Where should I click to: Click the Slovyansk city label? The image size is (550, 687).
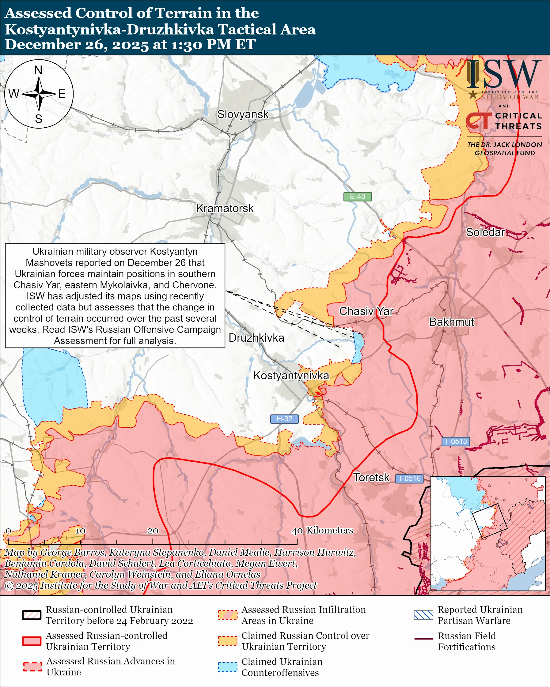[243, 114]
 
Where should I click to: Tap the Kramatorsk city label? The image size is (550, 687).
[225, 208]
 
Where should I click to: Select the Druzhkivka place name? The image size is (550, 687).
[256, 338]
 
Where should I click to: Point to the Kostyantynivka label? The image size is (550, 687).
[291, 375]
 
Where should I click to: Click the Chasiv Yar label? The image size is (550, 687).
[366, 311]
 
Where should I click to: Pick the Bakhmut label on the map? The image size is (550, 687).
[451, 322]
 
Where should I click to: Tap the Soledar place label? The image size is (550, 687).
[485, 232]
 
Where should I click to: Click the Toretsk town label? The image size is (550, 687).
[371, 477]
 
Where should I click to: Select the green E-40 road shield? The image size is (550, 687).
[357, 197]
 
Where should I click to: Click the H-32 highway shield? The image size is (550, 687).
[284, 419]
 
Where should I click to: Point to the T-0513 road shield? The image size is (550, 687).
[456, 441]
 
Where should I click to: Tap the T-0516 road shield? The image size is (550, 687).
[409, 478]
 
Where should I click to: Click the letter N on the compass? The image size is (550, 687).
[38, 70]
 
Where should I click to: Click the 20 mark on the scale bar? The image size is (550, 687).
[152, 531]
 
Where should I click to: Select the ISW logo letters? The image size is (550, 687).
[504, 74]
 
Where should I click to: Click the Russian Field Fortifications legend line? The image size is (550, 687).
[423, 639]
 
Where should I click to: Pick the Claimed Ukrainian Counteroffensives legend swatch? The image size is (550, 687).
[227, 667]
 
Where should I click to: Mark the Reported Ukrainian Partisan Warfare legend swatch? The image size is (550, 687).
[423, 615]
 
